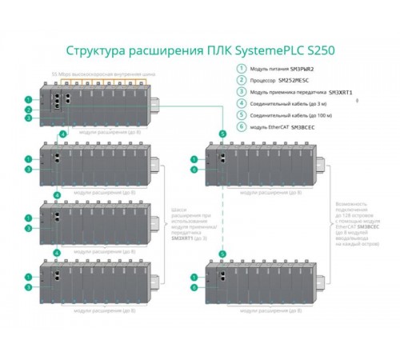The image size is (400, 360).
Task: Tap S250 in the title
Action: tap(321, 50)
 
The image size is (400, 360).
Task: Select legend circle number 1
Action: tap(239, 70)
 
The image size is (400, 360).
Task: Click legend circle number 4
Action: tap(239, 104)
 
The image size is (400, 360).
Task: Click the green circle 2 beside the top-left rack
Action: tap(28, 109)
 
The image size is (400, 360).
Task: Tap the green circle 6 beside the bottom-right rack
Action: tap(194, 287)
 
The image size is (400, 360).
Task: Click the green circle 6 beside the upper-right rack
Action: tap(194, 170)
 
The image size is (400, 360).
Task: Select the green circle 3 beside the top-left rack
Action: tap(28, 119)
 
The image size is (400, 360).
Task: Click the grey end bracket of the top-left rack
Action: tap(158, 104)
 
